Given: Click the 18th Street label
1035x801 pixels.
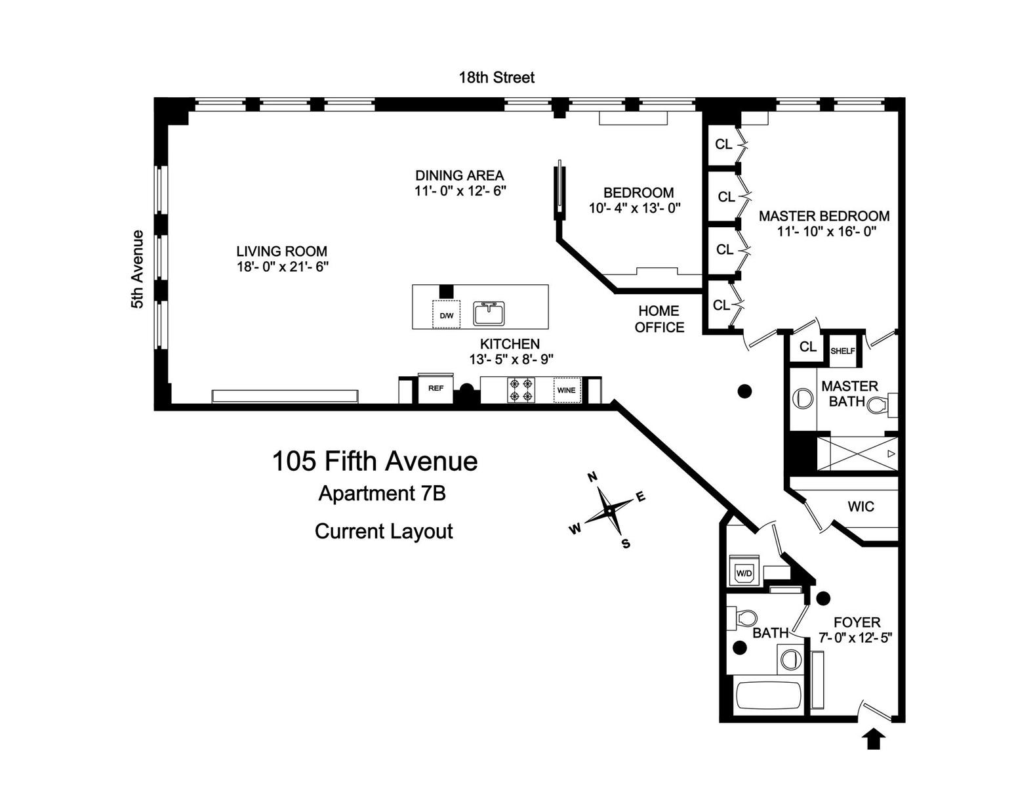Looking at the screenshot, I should tap(496, 77).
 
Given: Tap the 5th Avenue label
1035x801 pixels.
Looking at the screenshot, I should tap(137, 269).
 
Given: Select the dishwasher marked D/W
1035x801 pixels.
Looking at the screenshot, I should tap(446, 315).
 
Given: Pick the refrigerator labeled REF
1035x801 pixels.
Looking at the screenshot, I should tap(436, 389).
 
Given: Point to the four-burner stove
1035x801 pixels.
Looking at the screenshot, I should tap(521, 389).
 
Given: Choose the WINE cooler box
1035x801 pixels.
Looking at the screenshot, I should tap(566, 390).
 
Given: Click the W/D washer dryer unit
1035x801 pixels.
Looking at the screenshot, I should tap(744, 572).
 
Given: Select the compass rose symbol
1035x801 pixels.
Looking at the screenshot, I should tap(609, 510).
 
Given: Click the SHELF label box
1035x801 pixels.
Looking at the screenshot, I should tap(843, 351).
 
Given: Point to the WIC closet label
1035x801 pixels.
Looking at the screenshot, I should tap(861, 507).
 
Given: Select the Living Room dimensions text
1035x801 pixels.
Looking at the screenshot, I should tap(282, 267).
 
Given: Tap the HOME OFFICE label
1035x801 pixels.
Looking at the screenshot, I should tap(659, 319).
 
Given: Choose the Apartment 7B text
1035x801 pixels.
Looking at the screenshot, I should tap(382, 493).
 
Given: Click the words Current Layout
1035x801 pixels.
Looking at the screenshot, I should tap(384, 530).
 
